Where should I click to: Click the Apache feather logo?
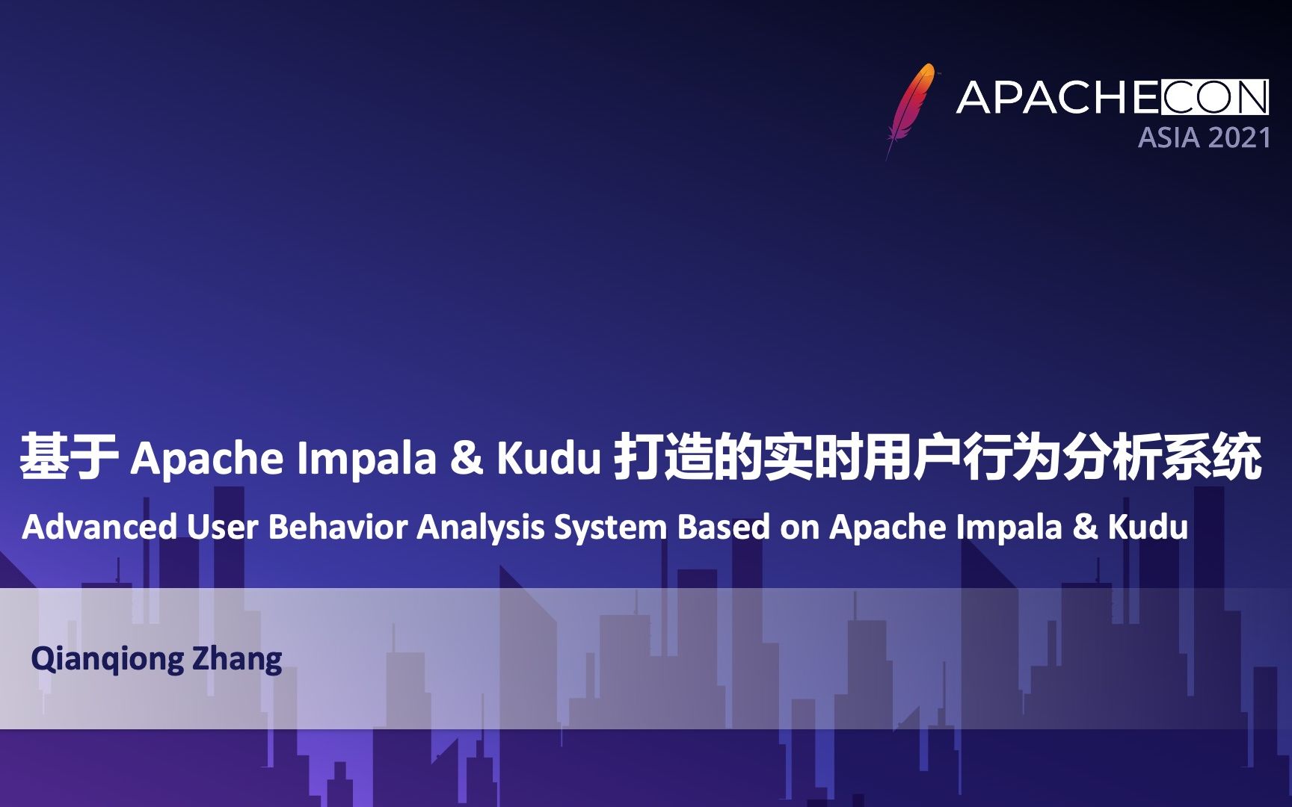click(911, 109)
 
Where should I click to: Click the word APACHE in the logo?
click(1057, 98)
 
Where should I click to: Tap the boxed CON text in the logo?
click(1214, 98)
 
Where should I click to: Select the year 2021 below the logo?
click(1239, 138)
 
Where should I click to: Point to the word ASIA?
click(1169, 138)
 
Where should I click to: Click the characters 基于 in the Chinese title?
click(69, 457)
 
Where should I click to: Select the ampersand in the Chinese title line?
click(467, 458)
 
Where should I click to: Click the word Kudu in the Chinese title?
click(549, 458)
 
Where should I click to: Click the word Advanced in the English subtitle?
click(99, 528)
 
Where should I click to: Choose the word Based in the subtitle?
click(723, 528)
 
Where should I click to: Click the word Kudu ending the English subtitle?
click(1148, 528)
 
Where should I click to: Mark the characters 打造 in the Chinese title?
click(662, 457)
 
